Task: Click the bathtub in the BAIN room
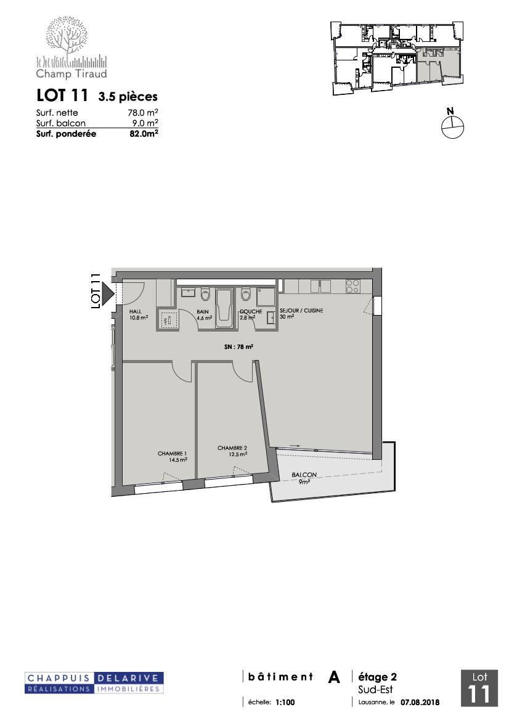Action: point(225,308)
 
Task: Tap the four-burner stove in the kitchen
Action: point(352,286)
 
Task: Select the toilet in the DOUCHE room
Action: point(245,293)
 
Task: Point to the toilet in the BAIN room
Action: point(205,294)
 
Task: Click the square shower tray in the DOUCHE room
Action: point(266,297)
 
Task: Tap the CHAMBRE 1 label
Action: point(172,456)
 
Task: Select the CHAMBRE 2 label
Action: point(232,451)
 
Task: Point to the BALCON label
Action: point(304,478)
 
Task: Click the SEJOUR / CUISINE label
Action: point(301,313)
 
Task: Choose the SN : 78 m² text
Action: point(238,347)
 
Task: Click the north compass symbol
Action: point(452,124)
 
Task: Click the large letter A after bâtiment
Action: point(334,677)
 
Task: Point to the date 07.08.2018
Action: point(420,702)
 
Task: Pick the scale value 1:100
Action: point(285,702)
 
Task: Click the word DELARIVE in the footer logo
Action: point(129,678)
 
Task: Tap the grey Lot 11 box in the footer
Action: point(479,689)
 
